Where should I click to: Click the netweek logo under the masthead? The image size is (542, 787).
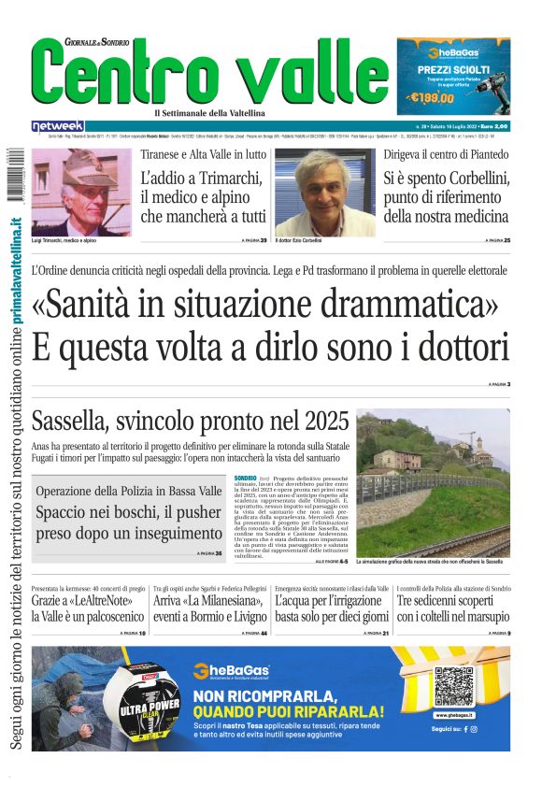(58, 125)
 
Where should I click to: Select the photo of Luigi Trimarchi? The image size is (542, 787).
(81, 192)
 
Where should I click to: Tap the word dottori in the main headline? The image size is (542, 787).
(454, 347)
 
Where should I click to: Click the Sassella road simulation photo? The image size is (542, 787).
(434, 483)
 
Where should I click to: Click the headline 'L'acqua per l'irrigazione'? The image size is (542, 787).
(332, 608)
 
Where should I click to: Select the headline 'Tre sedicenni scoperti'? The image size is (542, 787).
(453, 608)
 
